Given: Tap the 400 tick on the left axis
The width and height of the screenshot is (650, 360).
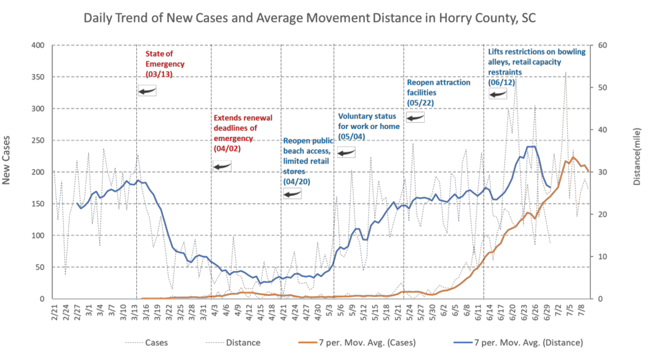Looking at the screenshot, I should pyautogui.click(x=38, y=46).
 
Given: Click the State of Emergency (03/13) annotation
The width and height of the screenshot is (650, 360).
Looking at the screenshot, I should pyautogui.click(x=165, y=64).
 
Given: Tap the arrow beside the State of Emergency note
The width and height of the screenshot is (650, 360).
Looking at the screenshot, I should pyautogui.click(x=147, y=91).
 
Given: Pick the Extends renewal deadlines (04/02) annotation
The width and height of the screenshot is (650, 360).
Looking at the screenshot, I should pyautogui.click(x=243, y=132).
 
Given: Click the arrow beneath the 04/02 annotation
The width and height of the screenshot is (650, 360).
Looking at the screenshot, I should pyautogui.click(x=222, y=166).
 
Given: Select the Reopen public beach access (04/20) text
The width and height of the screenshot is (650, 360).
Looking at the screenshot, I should pyautogui.click(x=306, y=161).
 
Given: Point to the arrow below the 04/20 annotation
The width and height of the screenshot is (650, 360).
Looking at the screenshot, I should pyautogui.click(x=292, y=193).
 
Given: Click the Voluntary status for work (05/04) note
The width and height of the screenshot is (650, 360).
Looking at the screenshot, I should pyautogui.click(x=368, y=126).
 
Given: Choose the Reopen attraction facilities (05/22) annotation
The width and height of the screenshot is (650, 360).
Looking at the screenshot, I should pyautogui.click(x=439, y=92).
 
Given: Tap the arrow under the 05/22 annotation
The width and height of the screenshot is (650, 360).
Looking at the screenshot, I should pyautogui.click(x=415, y=118).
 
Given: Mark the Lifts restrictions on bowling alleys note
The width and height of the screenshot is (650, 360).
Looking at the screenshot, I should pyautogui.click(x=537, y=67).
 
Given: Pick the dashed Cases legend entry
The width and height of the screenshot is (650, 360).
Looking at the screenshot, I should pyautogui.click(x=146, y=342).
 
